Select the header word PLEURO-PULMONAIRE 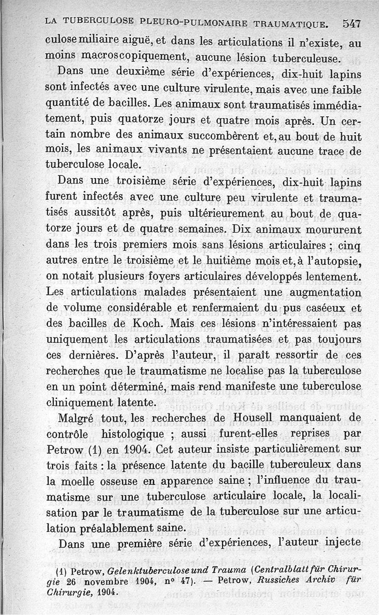[192, 23]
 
